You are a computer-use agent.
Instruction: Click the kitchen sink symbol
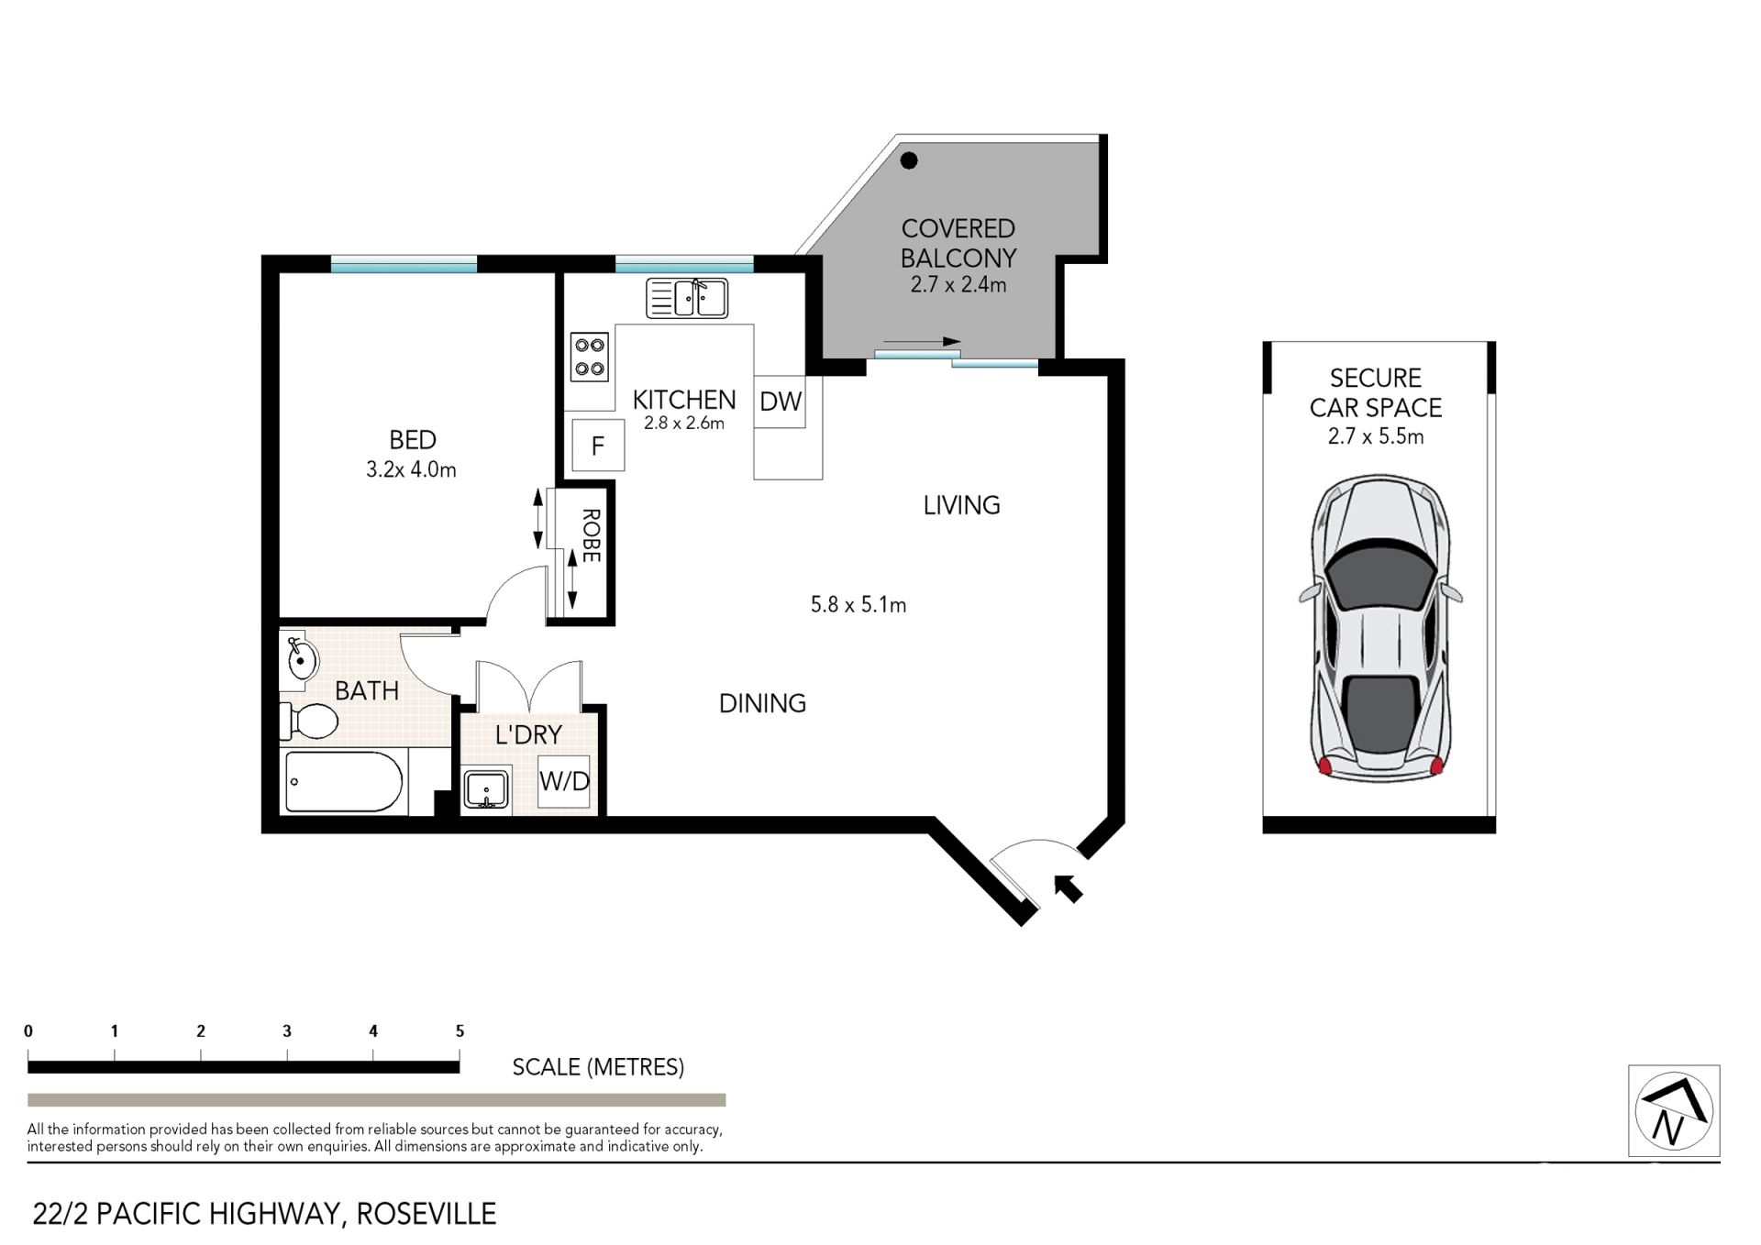pos(687,298)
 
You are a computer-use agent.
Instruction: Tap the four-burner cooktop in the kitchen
pos(590,357)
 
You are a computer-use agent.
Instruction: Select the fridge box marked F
pos(598,446)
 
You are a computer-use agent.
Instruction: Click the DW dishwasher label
pos(781,401)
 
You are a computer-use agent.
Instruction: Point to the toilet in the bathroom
pos(308,721)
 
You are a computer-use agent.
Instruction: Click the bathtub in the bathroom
pos(344,782)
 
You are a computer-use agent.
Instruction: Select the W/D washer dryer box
pos(564,781)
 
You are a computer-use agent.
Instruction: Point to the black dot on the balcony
pos(909,161)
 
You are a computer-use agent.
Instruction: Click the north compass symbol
pos(1674,1110)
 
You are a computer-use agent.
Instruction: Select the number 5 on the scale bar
pos(460,1031)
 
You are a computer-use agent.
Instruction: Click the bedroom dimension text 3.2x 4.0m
pos(411,469)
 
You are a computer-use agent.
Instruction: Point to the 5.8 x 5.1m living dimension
pos(858,605)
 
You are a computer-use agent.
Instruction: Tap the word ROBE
pos(591,535)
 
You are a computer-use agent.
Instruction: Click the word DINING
pos(762,703)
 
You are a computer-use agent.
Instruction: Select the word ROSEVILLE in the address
pos(426,1214)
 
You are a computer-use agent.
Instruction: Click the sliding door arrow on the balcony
pos(922,342)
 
